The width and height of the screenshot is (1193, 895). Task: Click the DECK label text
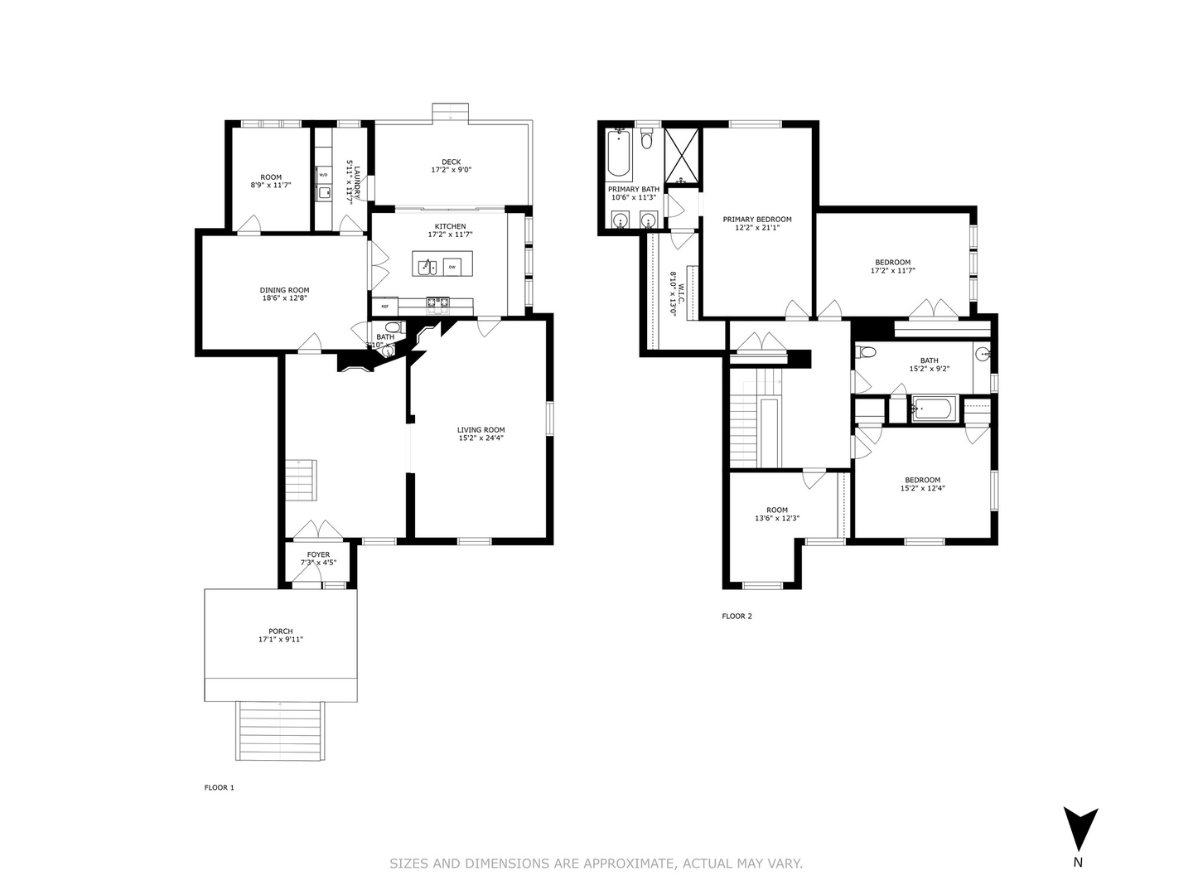451,162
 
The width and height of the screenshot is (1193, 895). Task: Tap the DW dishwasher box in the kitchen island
452,267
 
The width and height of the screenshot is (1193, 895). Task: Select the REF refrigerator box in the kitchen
384,307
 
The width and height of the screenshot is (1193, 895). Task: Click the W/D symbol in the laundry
323,175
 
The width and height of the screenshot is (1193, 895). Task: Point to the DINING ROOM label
284,291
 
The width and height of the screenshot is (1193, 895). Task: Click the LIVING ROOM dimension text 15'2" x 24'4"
481,438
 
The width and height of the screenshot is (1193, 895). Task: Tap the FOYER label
318,554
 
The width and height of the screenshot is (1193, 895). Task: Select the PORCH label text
280,631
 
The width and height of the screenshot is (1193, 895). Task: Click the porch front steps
280,731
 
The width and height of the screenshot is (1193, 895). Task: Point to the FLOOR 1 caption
220,787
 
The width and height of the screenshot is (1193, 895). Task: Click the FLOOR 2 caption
737,616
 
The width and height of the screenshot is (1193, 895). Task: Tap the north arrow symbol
1080,829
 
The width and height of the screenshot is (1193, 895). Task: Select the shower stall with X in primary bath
683,155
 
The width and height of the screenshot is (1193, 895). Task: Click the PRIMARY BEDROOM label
756,220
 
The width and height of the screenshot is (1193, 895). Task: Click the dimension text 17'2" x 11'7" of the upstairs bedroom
892,270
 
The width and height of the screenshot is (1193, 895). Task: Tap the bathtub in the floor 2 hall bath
934,409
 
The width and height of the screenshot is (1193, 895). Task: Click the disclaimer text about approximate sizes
596,864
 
